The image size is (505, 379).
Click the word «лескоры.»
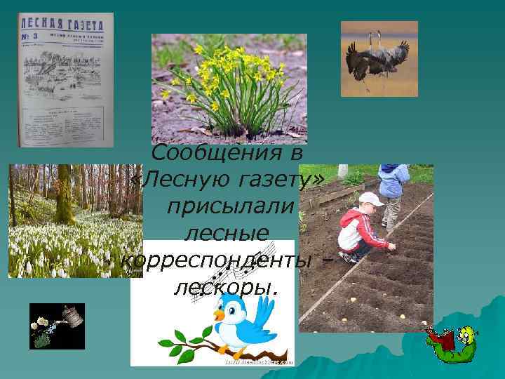[224, 286]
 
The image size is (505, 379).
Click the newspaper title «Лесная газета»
[65, 21]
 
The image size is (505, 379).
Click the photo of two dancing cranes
[379, 58]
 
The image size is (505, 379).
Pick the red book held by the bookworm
[440, 343]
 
